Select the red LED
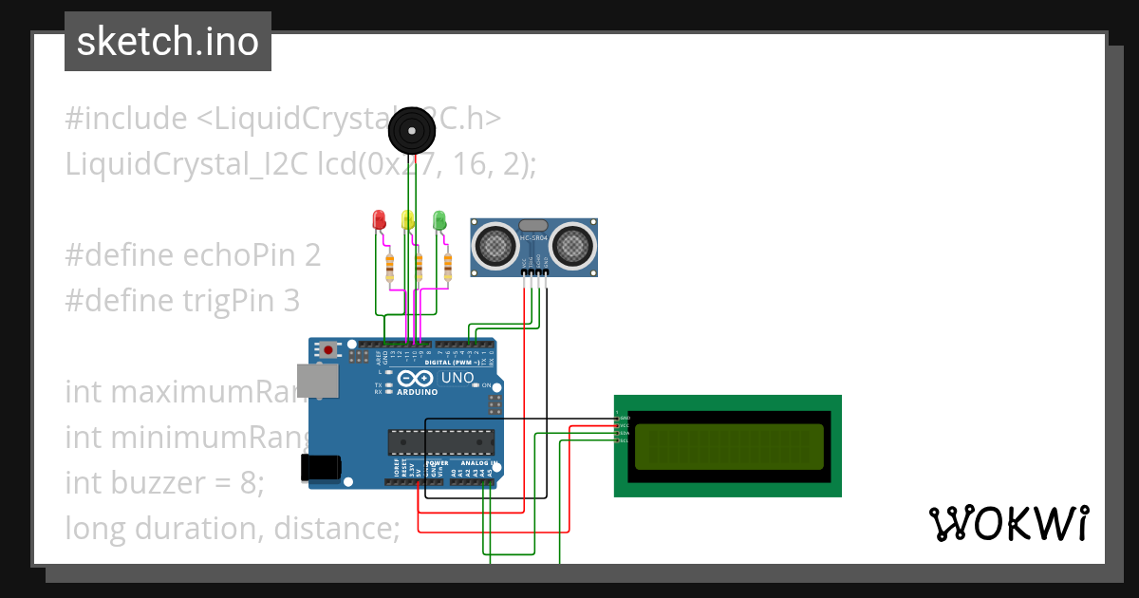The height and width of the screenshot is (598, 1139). [x=379, y=220]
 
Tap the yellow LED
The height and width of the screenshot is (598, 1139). [x=408, y=220]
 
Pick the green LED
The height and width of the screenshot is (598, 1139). [x=439, y=220]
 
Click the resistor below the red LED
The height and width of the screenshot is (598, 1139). [x=389, y=268]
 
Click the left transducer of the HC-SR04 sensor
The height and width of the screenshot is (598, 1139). [x=494, y=246]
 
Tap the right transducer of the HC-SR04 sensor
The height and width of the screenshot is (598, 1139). [x=574, y=246]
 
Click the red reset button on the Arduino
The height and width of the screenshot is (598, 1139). [x=328, y=349]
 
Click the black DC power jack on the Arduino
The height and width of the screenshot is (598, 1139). [x=320, y=467]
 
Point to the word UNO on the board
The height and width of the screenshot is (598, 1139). [x=458, y=378]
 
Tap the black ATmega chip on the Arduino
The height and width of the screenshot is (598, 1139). [x=441, y=441]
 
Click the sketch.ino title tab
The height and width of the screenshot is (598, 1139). [x=168, y=42]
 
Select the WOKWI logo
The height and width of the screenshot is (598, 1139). [x=1007, y=524]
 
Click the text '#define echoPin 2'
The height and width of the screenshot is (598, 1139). [x=193, y=255]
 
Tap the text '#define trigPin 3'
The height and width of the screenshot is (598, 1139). [x=182, y=301]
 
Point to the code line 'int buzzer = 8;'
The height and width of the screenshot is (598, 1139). [x=164, y=483]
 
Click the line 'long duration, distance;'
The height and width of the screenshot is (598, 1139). [x=233, y=528]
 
